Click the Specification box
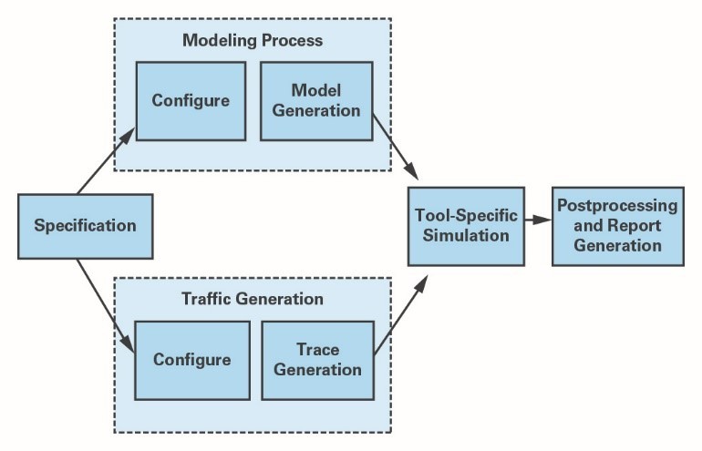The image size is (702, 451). [86, 226]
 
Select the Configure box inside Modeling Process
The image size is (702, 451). [191, 101]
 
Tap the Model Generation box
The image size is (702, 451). [316, 101]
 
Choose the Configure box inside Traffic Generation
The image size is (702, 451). [192, 360]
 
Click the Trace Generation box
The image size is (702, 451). [318, 360]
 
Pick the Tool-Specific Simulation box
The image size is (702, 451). [466, 226]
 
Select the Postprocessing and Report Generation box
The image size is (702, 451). [618, 226]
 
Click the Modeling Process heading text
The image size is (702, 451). [253, 40]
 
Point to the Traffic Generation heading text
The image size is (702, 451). [253, 299]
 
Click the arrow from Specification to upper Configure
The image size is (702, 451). [106, 161]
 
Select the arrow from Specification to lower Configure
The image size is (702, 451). [106, 306]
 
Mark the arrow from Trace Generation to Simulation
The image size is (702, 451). [401, 315]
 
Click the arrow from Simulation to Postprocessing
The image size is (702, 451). [538, 220]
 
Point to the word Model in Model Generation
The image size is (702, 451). [316, 90]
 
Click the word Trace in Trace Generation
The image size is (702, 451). [318, 350]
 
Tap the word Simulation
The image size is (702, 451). [466, 235]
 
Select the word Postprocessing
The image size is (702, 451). [617, 206]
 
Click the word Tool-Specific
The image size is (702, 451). [466, 216]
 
